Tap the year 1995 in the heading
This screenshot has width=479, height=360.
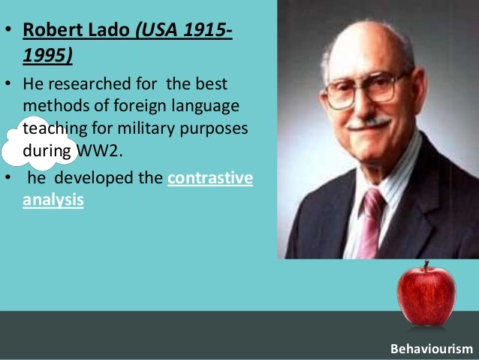pos(48,58)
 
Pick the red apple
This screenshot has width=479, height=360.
pos(426,298)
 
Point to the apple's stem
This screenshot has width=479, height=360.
pos(426,266)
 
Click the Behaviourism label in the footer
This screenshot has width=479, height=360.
pos(432,349)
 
